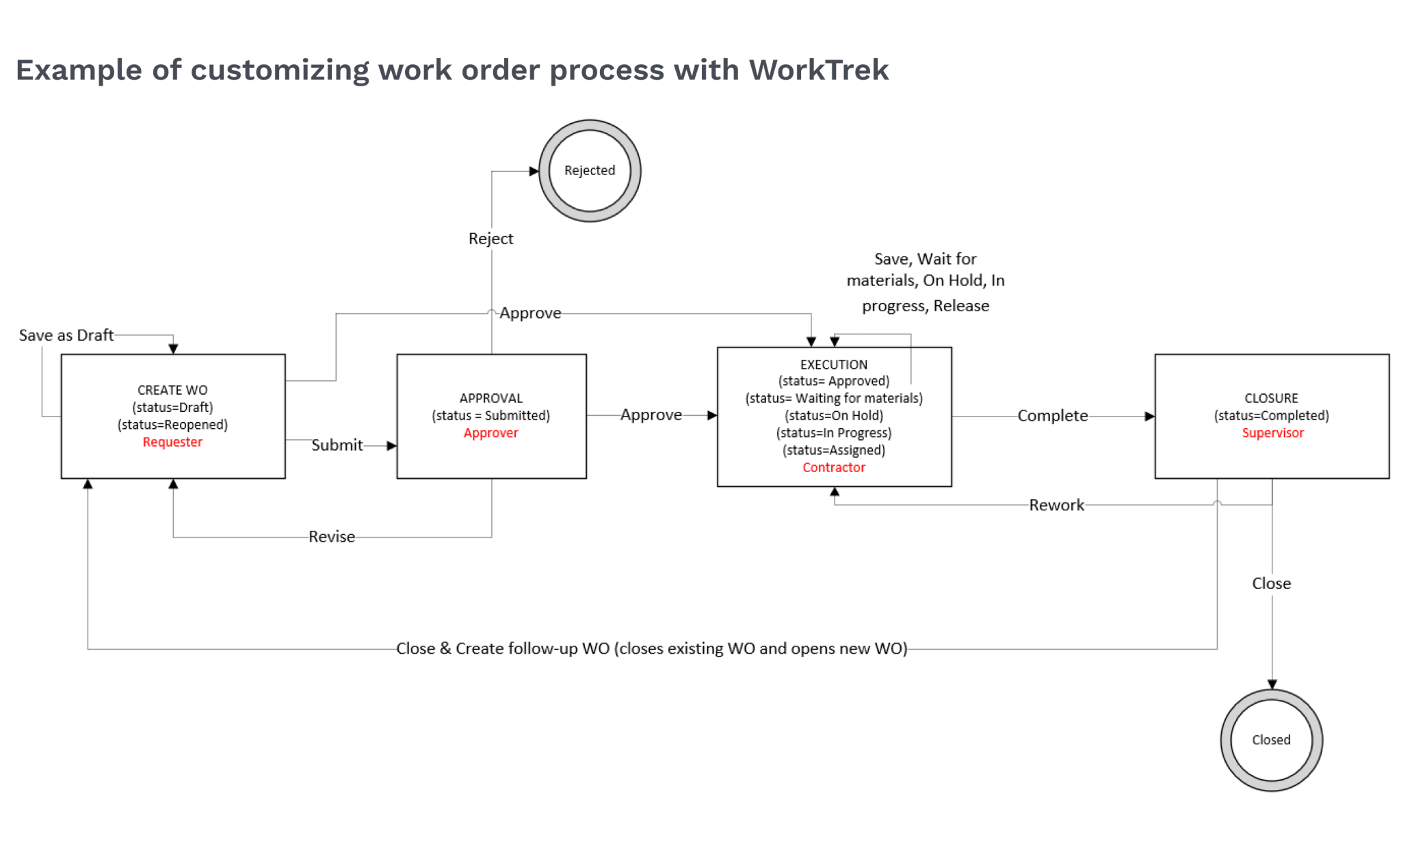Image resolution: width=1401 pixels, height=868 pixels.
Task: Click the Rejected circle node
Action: [589, 170]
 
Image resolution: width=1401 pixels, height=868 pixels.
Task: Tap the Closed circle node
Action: [1271, 739]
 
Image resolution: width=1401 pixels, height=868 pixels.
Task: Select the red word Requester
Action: [172, 442]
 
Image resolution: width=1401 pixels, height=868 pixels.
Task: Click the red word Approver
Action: [490, 433]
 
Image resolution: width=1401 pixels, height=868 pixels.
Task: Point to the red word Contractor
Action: [833, 467]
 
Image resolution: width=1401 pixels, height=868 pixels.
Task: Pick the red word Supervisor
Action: [1272, 433]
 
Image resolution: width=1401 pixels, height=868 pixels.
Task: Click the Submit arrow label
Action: [337, 445]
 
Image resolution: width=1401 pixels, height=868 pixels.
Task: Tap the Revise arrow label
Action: [331, 537]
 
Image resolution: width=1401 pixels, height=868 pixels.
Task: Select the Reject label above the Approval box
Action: [490, 239]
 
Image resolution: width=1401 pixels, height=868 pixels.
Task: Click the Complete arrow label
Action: [1052, 416]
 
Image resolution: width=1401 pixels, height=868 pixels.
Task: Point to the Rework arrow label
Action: [1056, 505]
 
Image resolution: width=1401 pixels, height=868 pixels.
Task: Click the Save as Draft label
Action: [66, 335]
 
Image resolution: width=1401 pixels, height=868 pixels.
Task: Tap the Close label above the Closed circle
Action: [1271, 583]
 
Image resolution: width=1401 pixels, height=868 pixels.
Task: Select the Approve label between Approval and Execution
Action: [651, 415]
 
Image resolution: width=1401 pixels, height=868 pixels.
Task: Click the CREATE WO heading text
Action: [172, 390]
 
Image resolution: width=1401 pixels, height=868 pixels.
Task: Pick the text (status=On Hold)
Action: [833, 415]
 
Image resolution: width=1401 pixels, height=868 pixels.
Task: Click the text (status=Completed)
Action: [1271, 415]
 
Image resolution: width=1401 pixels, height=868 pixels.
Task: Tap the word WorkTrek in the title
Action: [818, 70]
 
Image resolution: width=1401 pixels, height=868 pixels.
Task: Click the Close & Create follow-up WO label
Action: [651, 648]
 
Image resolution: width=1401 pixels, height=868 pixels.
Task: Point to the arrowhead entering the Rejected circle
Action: [534, 171]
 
